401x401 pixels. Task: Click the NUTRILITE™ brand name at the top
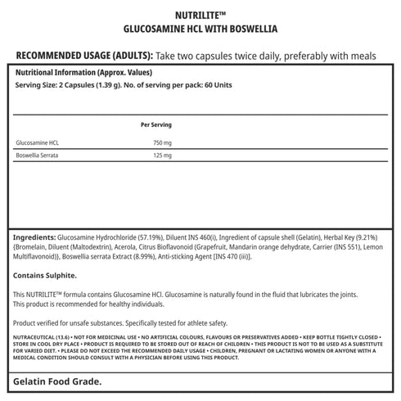click(200, 14)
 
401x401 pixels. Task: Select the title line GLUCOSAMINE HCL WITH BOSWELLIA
click(200, 28)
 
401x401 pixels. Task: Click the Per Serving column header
click(155, 124)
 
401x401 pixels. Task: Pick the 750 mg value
click(164, 142)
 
